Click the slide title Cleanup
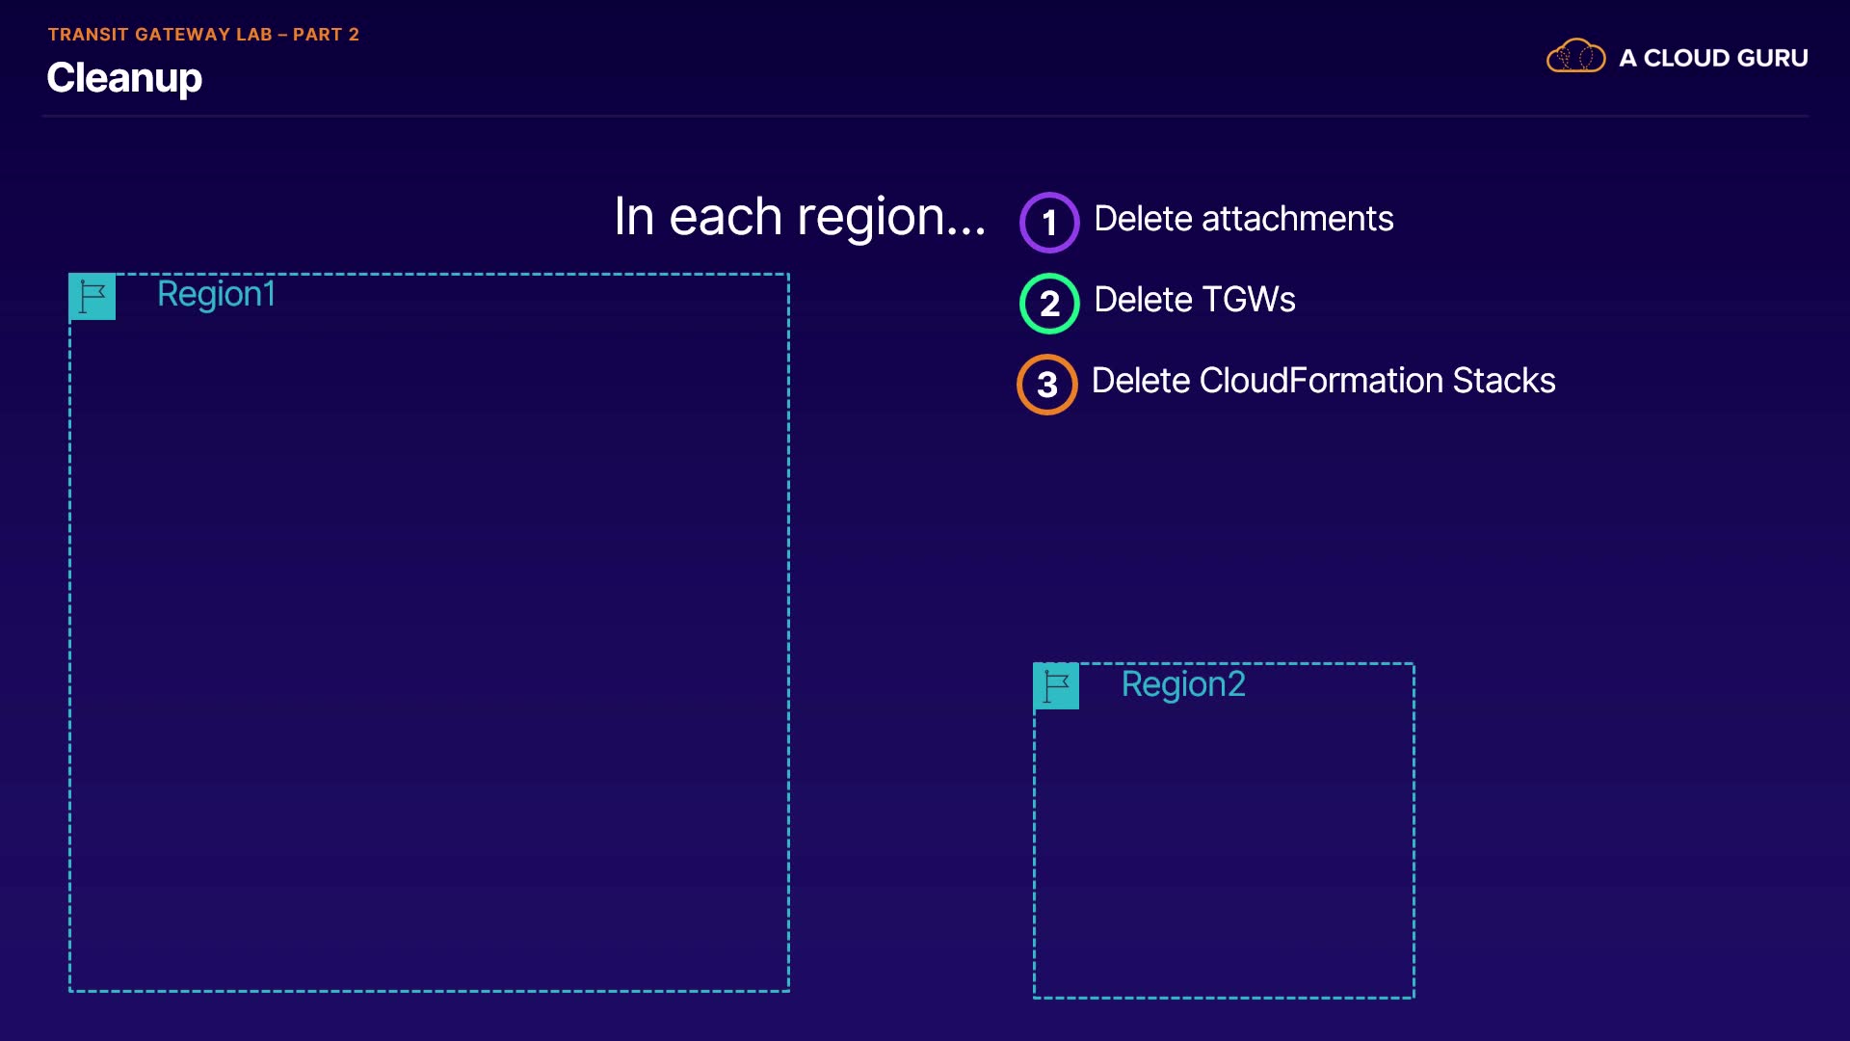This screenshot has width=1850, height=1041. point(124,78)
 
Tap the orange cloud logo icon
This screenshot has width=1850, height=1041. point(1575,56)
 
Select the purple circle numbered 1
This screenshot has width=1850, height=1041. point(1049,223)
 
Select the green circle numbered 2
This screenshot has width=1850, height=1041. point(1049,304)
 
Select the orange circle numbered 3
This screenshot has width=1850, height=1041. point(1047,385)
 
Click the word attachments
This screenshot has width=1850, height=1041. point(1298,219)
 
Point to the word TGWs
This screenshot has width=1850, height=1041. point(1248,300)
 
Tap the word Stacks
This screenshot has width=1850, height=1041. point(1504,381)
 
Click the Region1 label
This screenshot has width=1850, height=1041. point(217,294)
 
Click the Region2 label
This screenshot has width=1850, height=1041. point(1183,684)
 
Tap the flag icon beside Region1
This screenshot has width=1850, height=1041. point(92,297)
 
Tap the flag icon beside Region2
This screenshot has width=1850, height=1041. point(1056,686)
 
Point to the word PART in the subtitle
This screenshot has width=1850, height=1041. point(318,35)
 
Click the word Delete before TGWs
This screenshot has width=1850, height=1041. point(1144,300)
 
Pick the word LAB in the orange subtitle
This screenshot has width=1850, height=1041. point(254,35)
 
